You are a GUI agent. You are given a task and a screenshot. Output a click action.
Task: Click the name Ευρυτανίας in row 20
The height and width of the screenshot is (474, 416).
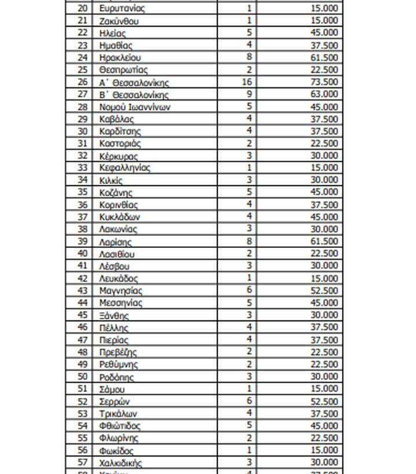[122, 9]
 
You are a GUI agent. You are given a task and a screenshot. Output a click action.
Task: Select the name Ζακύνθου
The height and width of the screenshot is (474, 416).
[119, 21]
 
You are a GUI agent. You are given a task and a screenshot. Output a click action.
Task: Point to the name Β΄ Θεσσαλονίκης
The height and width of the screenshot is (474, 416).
[134, 95]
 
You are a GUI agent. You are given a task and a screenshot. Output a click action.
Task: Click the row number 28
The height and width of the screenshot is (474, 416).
[82, 107]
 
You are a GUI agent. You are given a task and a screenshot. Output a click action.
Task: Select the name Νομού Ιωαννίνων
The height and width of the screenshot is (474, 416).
[134, 107]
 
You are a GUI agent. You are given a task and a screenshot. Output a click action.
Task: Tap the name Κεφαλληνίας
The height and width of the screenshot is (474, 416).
[124, 168]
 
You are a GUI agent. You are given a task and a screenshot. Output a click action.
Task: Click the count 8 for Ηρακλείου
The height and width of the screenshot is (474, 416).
[249, 58]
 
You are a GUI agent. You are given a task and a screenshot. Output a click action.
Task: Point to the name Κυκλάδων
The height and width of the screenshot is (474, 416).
[119, 217]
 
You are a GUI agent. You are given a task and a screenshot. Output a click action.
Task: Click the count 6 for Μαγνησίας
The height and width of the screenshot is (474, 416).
[249, 291]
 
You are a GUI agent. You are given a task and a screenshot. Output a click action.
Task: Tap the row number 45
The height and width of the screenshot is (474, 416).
[82, 316]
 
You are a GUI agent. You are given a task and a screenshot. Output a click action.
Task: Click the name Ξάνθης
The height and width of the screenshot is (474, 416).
[114, 316]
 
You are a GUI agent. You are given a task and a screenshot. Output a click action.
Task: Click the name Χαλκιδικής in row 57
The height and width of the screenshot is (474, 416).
[120, 463]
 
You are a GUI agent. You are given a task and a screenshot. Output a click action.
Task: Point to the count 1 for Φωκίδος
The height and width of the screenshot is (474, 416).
[249, 451]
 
